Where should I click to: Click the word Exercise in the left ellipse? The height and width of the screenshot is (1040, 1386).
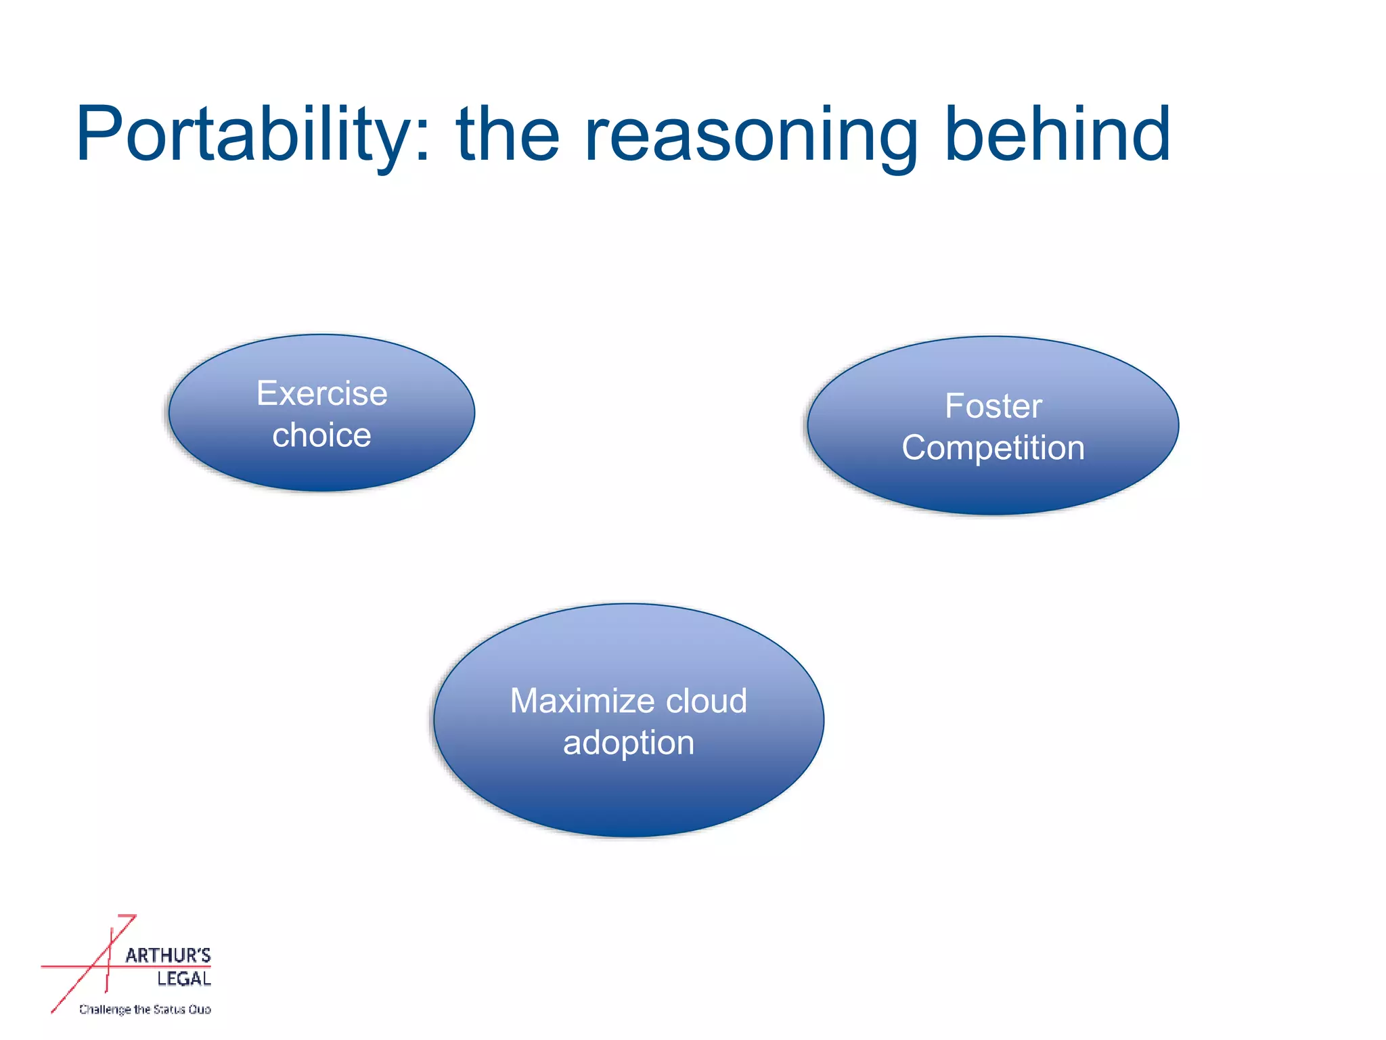(x=321, y=393)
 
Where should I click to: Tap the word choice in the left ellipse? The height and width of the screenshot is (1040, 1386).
(x=321, y=435)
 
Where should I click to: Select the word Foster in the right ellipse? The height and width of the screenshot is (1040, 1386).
(x=993, y=406)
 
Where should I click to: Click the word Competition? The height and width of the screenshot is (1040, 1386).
(x=993, y=448)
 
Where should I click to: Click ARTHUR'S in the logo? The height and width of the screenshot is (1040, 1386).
(x=168, y=955)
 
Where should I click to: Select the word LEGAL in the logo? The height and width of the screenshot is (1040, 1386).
(x=183, y=978)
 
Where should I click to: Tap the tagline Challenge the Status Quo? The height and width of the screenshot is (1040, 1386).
(x=145, y=1010)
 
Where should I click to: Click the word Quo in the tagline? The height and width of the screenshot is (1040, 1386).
(x=200, y=1010)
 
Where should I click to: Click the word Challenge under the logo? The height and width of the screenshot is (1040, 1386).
(x=105, y=1010)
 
